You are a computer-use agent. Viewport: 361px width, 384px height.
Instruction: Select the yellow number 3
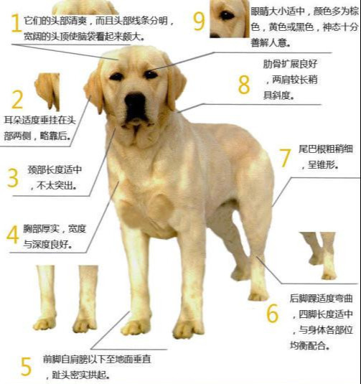coord(13,178)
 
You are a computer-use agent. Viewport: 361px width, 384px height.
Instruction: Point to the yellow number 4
coord(13,235)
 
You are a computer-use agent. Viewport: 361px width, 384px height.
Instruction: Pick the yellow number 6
coord(272,314)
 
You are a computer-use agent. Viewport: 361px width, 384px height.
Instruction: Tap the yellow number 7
coord(284,158)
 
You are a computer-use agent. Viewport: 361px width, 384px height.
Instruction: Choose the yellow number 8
coord(244,84)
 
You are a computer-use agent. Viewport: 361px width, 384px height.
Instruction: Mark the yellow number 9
coord(199,21)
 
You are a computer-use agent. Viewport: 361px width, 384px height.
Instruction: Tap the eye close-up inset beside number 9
coord(229,18)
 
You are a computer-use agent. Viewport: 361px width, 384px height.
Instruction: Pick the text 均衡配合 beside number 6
coord(314,344)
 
